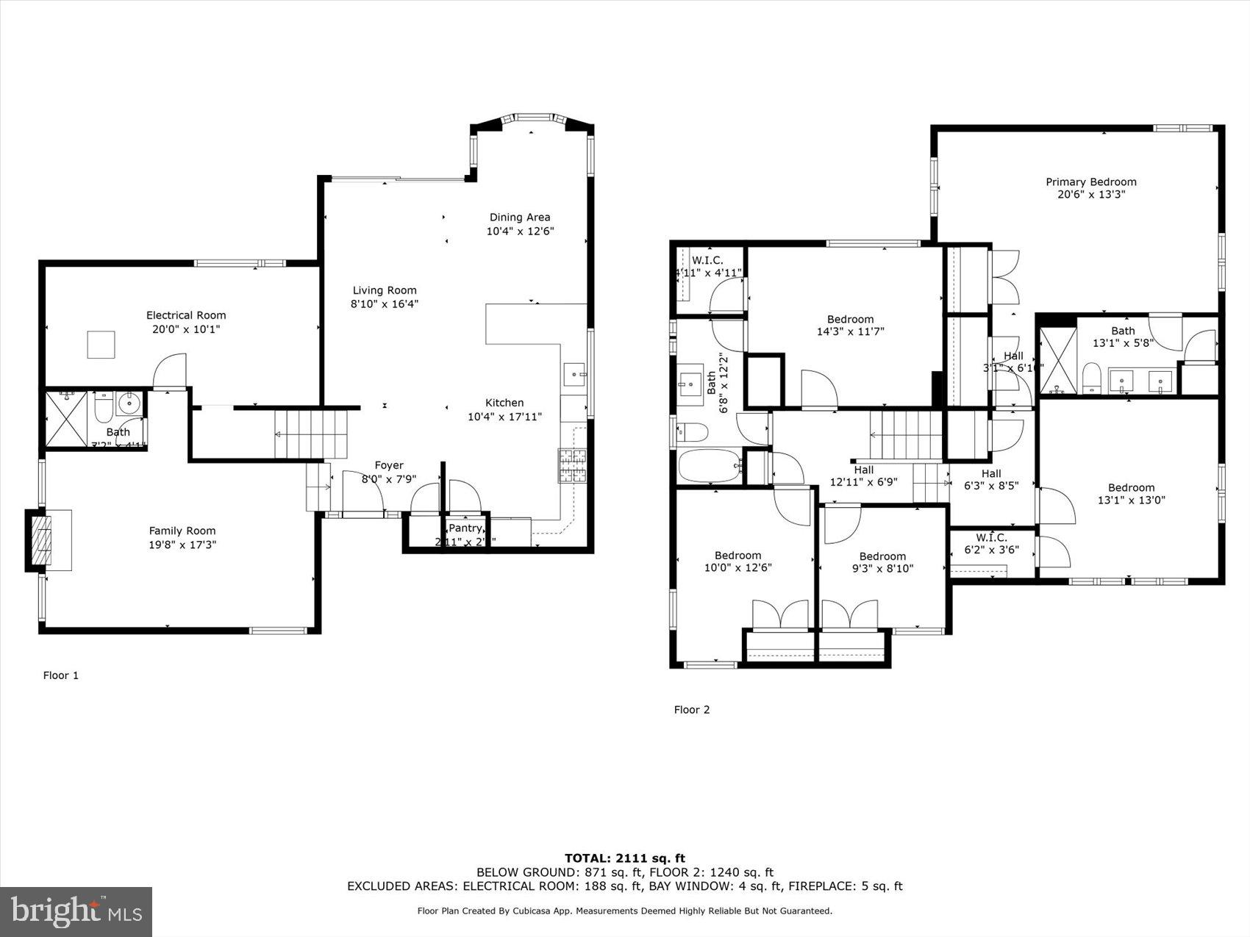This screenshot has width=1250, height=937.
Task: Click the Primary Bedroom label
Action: coord(1090,182)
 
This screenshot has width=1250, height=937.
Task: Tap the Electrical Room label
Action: coord(186,315)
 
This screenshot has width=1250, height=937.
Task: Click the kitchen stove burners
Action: coord(573,466)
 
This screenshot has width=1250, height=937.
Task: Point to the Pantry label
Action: coord(465,528)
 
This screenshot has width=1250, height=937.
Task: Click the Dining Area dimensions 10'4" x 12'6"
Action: coord(520,231)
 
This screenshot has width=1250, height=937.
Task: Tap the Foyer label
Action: coord(389,465)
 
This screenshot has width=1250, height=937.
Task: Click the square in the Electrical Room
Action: coord(101,345)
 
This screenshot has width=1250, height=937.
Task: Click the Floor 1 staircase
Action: coord(310,434)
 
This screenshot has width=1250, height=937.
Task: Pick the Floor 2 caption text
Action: coord(692,710)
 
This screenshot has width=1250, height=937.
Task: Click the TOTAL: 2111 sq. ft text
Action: coord(624,858)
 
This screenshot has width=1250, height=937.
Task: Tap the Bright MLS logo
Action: coord(76,911)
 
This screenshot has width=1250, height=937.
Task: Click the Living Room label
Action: coord(384,290)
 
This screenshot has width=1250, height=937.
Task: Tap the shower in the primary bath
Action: coord(1057,360)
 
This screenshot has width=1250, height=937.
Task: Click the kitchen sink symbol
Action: coord(574,374)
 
